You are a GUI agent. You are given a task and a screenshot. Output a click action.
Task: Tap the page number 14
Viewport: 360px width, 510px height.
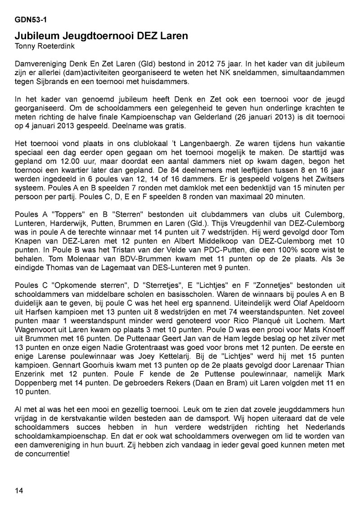(x=19, y=490)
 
